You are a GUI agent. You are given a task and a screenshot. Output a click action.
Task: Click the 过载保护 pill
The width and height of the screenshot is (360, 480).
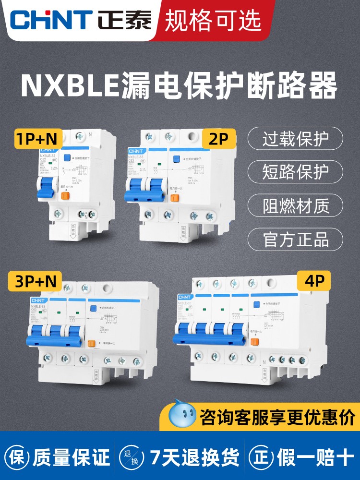295,140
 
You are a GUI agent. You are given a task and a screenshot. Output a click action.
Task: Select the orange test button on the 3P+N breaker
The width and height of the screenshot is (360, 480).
92,344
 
